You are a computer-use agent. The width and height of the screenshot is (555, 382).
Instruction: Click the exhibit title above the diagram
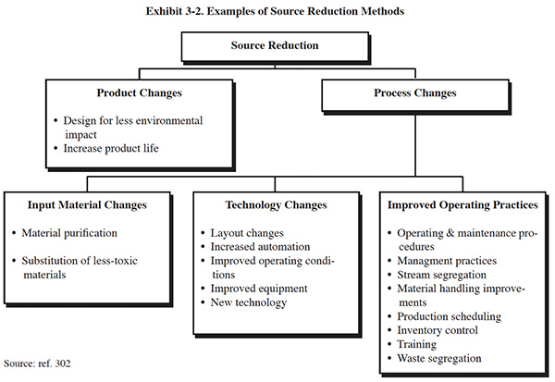click(x=275, y=11)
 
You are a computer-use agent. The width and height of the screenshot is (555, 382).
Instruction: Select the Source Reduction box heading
click(x=275, y=45)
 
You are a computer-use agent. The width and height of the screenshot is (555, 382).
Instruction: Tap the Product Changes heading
click(x=140, y=92)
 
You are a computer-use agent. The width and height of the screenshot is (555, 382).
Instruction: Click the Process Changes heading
click(x=415, y=92)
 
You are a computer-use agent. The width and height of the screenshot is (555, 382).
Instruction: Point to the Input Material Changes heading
click(x=87, y=205)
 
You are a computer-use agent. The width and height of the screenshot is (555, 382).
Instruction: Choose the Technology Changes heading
click(x=276, y=205)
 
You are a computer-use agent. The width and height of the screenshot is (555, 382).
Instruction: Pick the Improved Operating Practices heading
click(x=462, y=205)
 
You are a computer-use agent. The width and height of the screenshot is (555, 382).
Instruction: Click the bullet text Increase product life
click(x=111, y=148)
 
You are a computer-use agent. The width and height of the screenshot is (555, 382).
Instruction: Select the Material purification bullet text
click(x=69, y=233)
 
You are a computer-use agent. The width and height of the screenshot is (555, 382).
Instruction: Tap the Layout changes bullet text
click(x=247, y=233)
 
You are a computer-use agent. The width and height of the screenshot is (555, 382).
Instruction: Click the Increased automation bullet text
click(x=260, y=247)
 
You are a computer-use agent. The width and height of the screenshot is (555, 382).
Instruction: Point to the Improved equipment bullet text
click(x=259, y=289)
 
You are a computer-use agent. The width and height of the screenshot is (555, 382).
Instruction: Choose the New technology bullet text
click(x=249, y=302)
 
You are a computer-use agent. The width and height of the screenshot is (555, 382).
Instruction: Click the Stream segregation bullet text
click(x=441, y=275)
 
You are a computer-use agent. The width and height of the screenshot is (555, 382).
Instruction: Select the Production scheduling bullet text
click(x=449, y=316)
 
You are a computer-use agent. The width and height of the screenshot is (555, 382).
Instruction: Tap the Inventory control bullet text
click(x=438, y=330)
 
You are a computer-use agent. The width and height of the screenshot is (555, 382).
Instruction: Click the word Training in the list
click(x=416, y=344)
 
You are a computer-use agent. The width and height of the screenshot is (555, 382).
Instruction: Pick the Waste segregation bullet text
click(x=438, y=358)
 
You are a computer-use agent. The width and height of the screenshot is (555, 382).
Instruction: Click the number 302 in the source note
click(x=63, y=364)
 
